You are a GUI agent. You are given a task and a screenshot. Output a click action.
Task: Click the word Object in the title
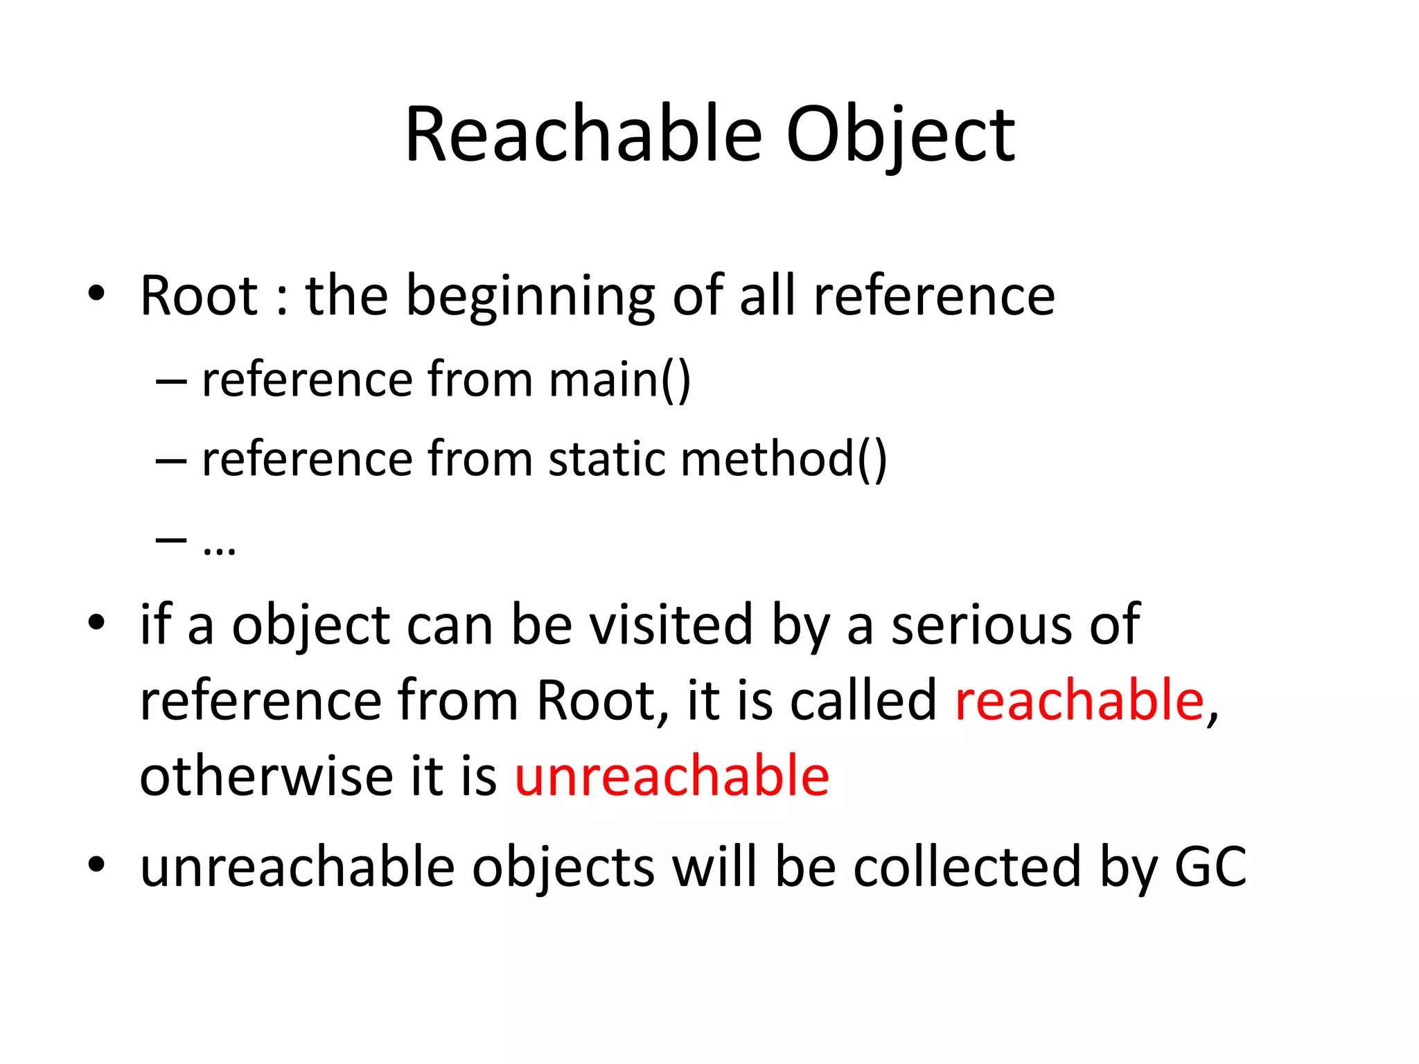tap(900, 136)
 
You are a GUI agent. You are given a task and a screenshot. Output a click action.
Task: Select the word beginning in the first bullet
tap(530, 296)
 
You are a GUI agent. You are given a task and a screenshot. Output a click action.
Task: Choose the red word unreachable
tap(671, 776)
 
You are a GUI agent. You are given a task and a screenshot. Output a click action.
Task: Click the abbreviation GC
tap(1210, 867)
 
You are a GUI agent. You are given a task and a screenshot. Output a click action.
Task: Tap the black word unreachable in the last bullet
tap(297, 867)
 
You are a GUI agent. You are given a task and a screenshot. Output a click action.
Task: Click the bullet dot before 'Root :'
tap(96, 294)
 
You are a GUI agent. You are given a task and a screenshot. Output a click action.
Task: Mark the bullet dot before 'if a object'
tap(96, 622)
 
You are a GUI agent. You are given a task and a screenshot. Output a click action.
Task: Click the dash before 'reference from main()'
tap(171, 381)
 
